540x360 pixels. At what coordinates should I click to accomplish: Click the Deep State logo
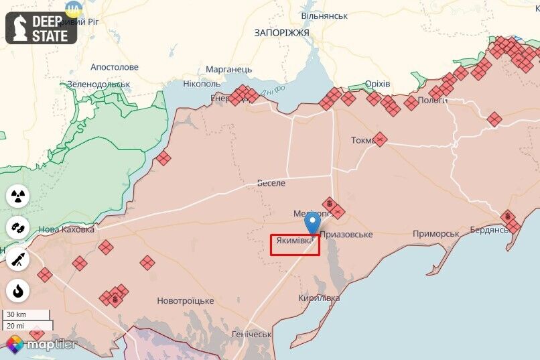point(41,28)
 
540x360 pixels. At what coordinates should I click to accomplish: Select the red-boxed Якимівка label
point(295,245)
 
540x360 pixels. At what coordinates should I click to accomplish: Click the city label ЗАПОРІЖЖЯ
point(281,32)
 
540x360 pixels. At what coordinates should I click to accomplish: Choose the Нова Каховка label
point(67,229)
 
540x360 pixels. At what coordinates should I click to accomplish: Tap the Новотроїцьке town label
point(186,301)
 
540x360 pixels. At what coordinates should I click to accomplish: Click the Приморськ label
point(436,234)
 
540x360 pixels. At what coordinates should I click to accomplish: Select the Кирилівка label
point(320,298)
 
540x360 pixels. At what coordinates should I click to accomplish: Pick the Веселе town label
point(271,183)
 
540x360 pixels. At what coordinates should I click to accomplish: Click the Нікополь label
point(202,84)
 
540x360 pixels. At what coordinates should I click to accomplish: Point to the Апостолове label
point(115,67)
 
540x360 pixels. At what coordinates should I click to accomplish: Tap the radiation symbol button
point(18,196)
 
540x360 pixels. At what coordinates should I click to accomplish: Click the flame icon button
point(18,291)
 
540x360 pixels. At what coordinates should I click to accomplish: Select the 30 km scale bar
point(26,314)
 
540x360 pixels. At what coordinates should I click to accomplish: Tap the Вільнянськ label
point(324,15)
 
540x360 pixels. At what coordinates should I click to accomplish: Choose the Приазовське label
point(346,235)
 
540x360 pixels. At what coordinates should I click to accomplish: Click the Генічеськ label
point(251,334)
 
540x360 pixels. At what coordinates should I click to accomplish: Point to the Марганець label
point(229,69)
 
